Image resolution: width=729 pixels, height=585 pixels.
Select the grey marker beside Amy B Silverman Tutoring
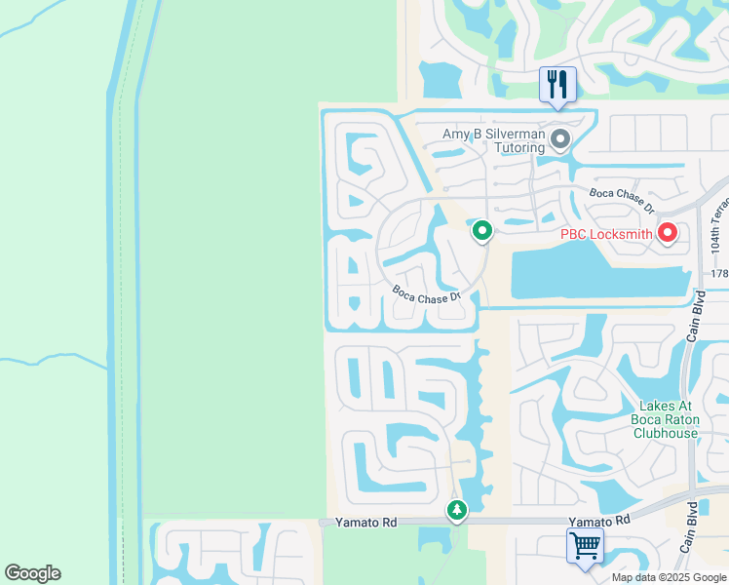(559, 139)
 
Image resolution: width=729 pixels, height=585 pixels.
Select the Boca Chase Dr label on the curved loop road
(426, 293)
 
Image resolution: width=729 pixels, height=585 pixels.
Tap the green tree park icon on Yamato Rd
(456, 510)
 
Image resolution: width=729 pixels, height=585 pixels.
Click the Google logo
(32, 573)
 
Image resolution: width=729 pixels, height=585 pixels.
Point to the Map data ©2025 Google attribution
(670, 577)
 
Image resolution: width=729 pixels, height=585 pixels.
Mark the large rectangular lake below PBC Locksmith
(595, 272)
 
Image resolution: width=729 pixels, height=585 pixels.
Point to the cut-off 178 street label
(719, 274)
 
